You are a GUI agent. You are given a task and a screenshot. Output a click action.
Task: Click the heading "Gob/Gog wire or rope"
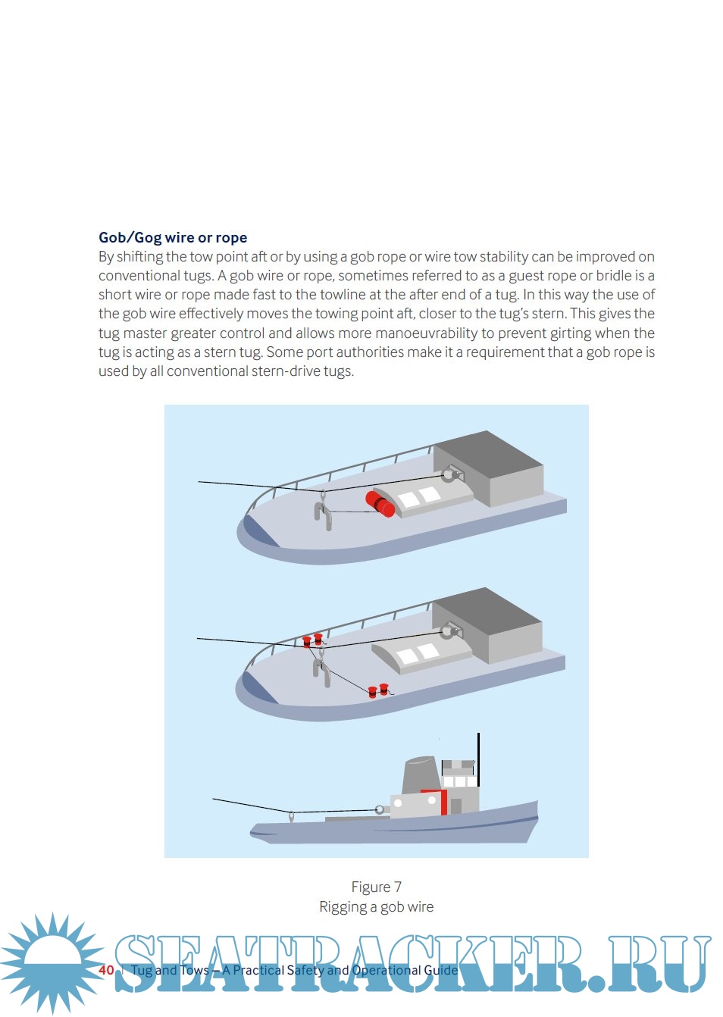[173, 237]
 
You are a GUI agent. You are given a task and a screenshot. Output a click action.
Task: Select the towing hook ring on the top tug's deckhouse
[449, 475]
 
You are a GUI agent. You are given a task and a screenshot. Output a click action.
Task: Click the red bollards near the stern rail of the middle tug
[312, 640]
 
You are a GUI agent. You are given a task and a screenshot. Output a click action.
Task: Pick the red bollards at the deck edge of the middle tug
[378, 690]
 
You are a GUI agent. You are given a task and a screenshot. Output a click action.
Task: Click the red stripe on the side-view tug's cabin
[443, 802]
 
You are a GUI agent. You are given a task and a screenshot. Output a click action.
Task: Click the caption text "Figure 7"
[376, 887]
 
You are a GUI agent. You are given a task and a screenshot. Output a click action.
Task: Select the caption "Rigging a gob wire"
[376, 906]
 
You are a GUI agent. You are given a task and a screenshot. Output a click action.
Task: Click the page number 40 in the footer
[106, 970]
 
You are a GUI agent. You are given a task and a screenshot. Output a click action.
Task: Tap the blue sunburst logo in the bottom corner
[52, 962]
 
